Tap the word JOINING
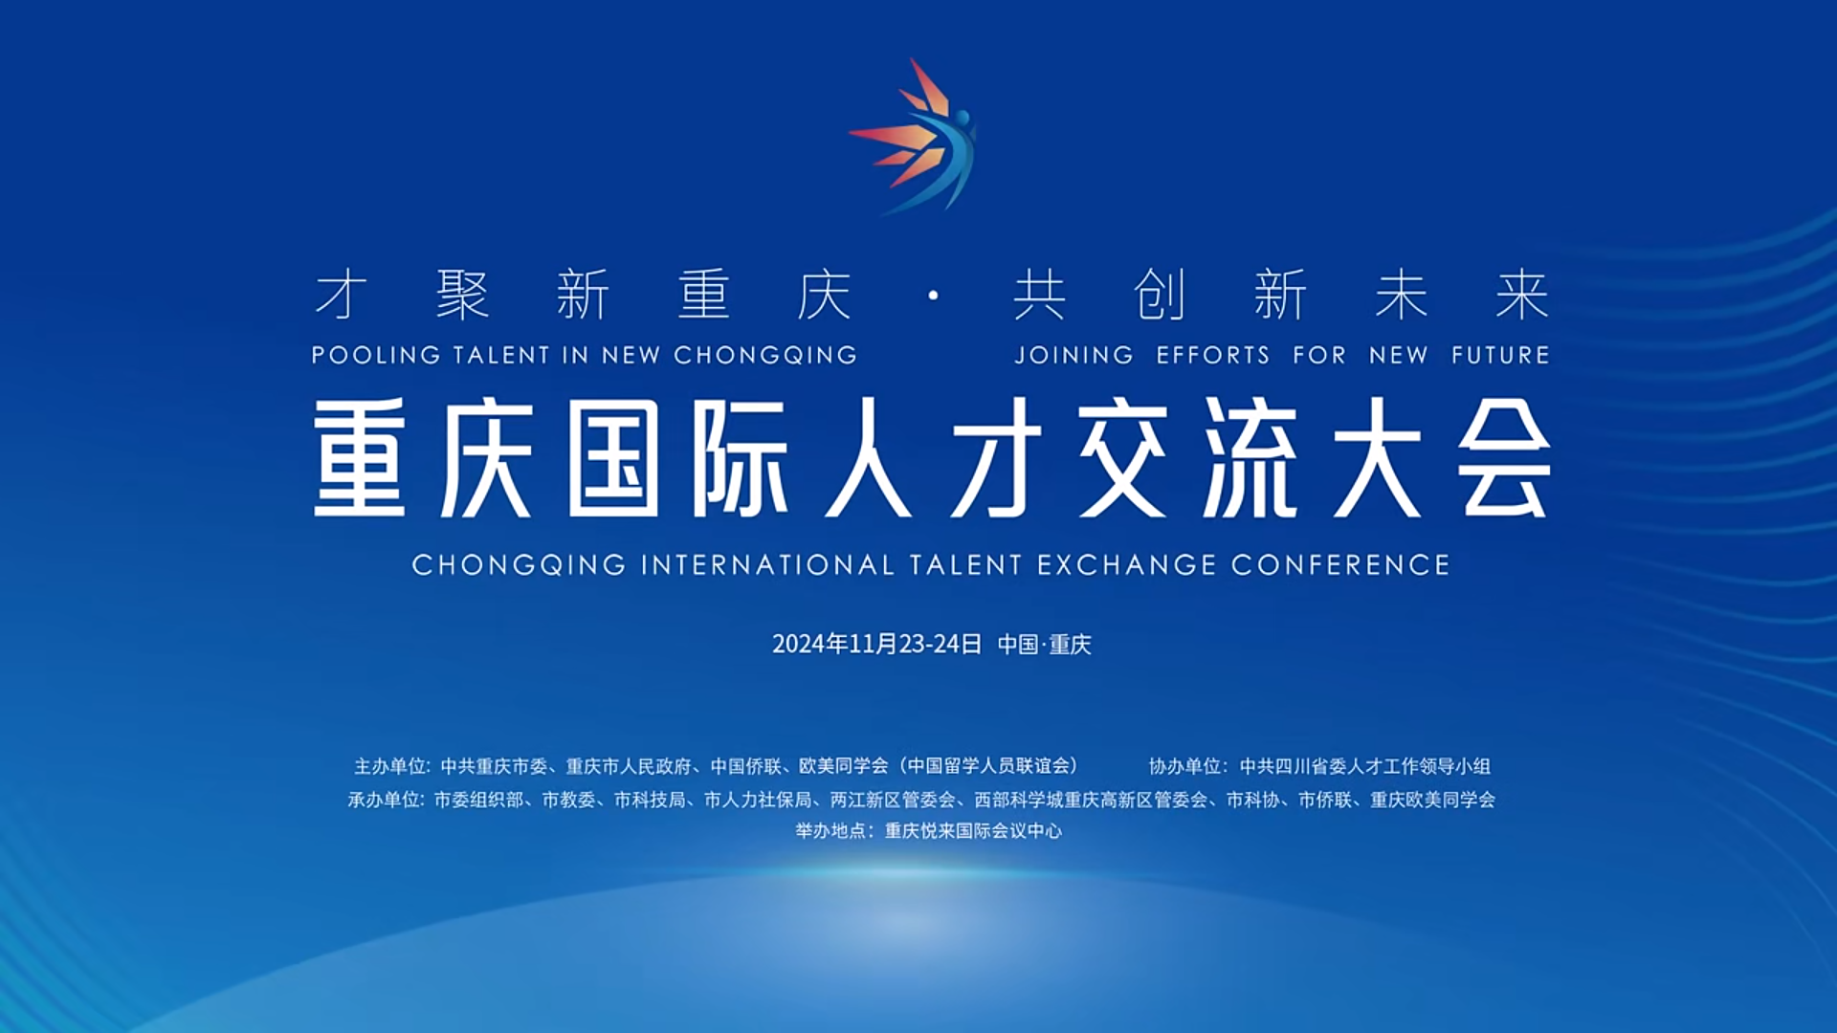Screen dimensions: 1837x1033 (x=1073, y=355)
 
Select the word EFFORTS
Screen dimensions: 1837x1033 (x=1213, y=355)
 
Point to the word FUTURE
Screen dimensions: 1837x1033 (x=1500, y=355)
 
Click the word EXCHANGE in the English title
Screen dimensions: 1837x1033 (x=1127, y=565)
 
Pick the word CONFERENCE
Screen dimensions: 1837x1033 (x=1340, y=565)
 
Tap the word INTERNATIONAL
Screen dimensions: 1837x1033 (x=768, y=565)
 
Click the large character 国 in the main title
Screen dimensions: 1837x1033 (x=613, y=458)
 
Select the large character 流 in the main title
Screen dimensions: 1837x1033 (x=1250, y=458)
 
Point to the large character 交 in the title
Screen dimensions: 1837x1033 (x=1123, y=458)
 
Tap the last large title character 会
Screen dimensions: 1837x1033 (x=1503, y=458)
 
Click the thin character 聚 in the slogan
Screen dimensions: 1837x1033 (x=463, y=294)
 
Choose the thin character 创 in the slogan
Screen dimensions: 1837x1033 (x=1160, y=294)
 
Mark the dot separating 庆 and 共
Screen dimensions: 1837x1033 (x=933, y=296)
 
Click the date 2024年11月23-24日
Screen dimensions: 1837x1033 (x=876, y=644)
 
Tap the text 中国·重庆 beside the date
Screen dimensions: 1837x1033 (x=1044, y=644)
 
